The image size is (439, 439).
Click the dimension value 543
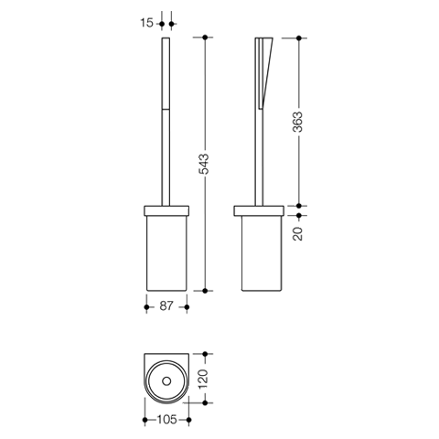coord(204,164)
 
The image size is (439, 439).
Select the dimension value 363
coord(298,122)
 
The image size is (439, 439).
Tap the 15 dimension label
coord(147,23)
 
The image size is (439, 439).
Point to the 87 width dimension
coord(166,305)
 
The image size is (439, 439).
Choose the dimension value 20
coord(298,234)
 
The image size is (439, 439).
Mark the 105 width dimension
coord(167,420)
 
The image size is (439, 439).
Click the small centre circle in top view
coord(166,380)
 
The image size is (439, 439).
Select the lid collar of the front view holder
coord(166,211)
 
